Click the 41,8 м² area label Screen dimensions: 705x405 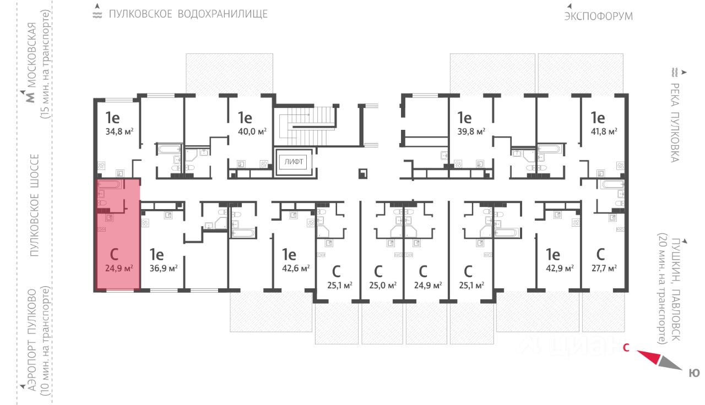click(604, 132)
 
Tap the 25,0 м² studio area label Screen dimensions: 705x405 click(383, 285)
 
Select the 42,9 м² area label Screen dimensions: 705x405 click(560, 268)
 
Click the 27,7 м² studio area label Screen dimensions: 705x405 click(603, 268)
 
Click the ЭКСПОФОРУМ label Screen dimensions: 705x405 click(598, 16)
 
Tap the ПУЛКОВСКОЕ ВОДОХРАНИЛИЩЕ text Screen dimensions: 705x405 click(188, 14)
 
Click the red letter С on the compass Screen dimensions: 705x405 click(626, 347)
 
